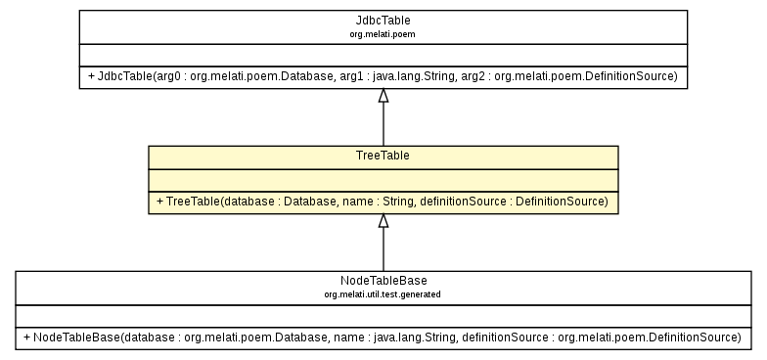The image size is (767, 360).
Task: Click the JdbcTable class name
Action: tap(383, 20)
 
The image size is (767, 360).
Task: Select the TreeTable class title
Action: tap(383, 156)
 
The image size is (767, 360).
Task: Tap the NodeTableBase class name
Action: tap(383, 281)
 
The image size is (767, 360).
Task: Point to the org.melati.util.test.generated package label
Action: tap(383, 293)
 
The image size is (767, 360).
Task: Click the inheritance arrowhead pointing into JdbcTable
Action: tap(383, 96)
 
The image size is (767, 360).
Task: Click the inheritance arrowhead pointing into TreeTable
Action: tap(383, 221)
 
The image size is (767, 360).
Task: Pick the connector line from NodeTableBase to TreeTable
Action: tap(383, 250)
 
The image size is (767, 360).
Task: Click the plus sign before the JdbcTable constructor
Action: tap(89, 76)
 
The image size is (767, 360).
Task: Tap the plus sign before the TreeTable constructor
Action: tap(158, 202)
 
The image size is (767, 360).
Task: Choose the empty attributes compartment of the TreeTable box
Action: tap(383, 180)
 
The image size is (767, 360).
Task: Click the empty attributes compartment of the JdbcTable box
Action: tap(383, 55)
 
